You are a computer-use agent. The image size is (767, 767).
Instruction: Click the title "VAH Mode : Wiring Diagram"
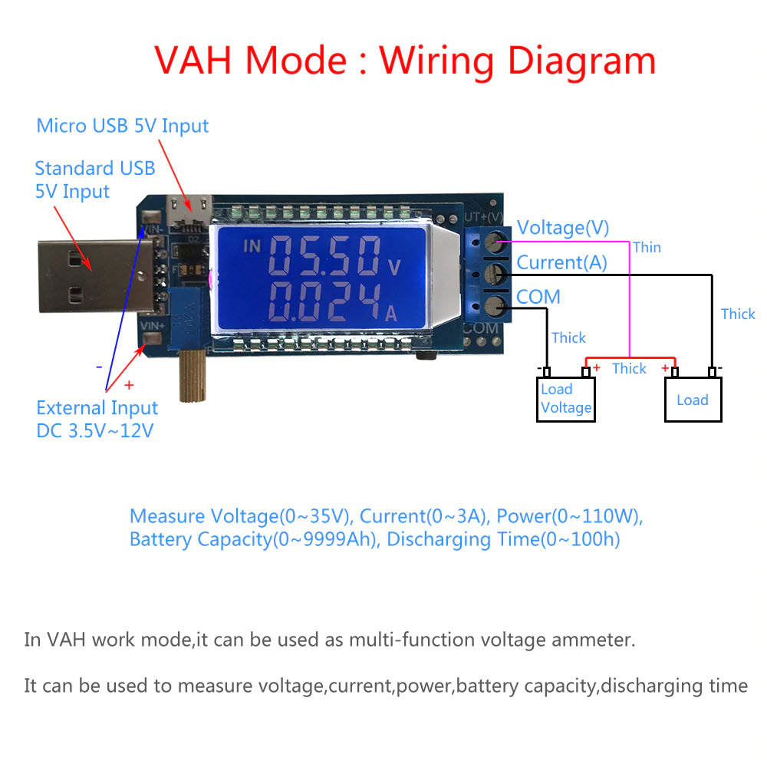click(x=405, y=60)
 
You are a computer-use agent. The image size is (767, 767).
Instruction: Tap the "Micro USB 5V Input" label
click(x=123, y=125)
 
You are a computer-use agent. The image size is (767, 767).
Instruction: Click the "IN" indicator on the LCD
click(x=252, y=246)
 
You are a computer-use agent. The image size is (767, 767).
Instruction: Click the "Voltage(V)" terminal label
click(x=563, y=228)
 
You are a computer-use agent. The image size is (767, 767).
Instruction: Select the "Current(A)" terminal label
click(x=561, y=262)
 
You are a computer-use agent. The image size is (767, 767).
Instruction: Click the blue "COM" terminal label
click(x=538, y=297)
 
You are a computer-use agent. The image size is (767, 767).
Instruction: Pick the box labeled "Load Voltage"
click(x=566, y=399)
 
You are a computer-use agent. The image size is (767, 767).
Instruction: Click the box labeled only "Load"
click(x=693, y=400)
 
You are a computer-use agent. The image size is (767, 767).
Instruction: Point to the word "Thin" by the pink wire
click(x=647, y=247)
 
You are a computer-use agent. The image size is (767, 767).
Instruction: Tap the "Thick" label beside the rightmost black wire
click(x=738, y=314)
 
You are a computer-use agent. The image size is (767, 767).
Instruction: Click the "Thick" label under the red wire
click(x=629, y=369)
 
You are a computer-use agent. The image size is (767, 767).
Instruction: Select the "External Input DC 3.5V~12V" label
click(x=97, y=419)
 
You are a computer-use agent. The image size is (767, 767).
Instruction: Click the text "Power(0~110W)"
click(x=583, y=516)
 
